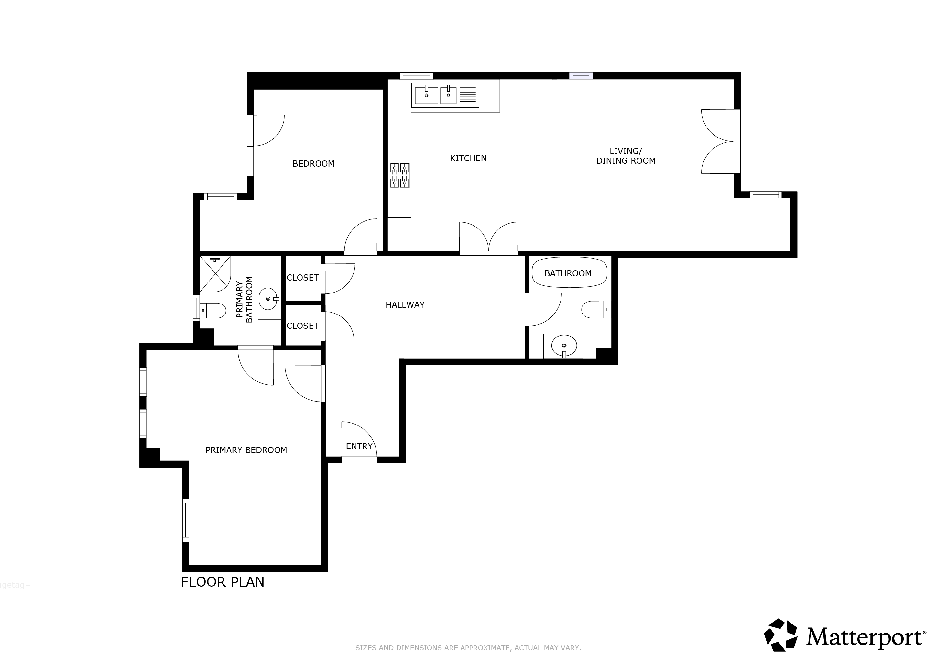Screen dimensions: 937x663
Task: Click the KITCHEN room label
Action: tap(468, 159)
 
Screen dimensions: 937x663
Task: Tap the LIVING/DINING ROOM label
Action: tap(626, 156)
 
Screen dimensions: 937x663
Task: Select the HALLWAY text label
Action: tap(405, 305)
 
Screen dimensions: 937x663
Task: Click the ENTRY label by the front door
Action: tap(359, 446)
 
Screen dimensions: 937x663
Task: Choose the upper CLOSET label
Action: tap(302, 278)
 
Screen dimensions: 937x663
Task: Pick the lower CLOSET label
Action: tap(302, 326)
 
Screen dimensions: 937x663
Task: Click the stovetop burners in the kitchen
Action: tap(399, 176)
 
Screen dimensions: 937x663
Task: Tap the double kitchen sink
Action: tap(445, 95)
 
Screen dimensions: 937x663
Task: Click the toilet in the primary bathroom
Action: tap(213, 311)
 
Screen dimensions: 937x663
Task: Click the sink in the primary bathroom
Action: tap(269, 299)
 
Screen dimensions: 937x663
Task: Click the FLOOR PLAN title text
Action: tap(223, 582)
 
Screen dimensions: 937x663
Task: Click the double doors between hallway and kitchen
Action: tap(488, 238)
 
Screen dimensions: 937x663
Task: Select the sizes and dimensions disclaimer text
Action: tap(468, 648)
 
